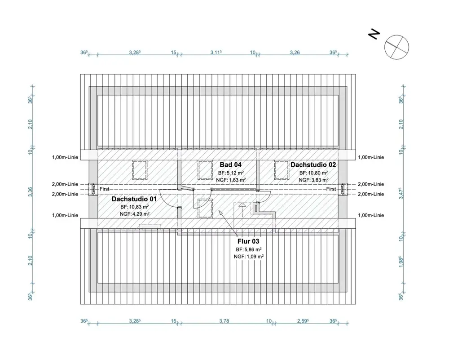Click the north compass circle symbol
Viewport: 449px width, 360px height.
tap(396, 47)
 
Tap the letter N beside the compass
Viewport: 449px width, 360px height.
tap(374, 35)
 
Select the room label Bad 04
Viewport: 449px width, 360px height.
tap(230, 165)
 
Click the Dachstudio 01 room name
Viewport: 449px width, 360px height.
tap(134, 199)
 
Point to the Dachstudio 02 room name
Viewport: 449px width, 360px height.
tap(313, 165)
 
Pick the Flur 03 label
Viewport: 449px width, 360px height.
tap(248, 241)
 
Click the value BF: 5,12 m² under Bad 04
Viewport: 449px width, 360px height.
tap(231, 173)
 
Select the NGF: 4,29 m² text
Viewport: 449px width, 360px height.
tap(135, 214)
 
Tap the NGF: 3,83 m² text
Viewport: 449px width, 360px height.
tap(313, 180)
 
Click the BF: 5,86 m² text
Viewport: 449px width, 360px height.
tap(249, 249)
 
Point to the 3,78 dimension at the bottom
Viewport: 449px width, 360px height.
tap(224, 321)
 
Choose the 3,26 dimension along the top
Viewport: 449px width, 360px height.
tap(295, 53)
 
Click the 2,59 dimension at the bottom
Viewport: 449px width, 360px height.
tap(303, 321)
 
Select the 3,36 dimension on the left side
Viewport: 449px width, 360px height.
tap(31, 192)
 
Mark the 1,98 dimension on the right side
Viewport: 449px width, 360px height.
tap(401, 262)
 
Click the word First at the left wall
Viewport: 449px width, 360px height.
tap(105, 189)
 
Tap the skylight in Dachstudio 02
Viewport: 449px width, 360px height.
tap(282, 169)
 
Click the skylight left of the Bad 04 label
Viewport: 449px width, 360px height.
tap(205, 170)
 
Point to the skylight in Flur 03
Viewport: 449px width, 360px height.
tap(205, 208)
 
